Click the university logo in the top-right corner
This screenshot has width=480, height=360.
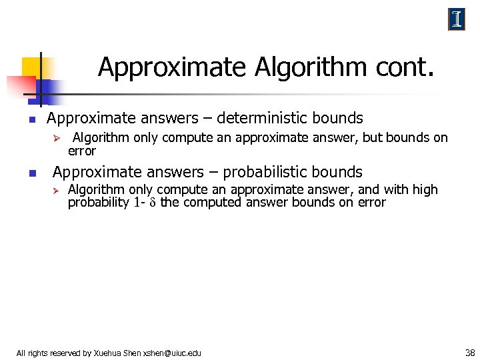point(457,20)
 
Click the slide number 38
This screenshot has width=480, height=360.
point(469,352)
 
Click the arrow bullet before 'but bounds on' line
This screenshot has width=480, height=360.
point(57,139)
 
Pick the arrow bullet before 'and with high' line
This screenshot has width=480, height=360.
point(57,191)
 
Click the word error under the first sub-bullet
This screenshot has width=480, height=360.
point(82,151)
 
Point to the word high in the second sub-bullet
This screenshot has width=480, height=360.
point(425,190)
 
